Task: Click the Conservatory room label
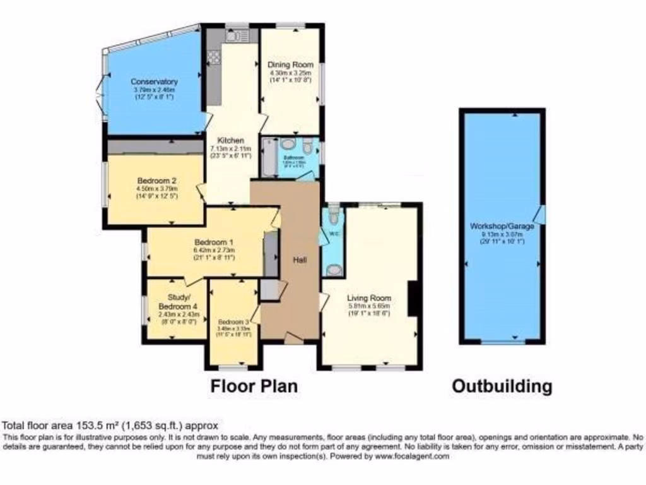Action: coord(154,81)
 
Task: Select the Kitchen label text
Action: coord(226,140)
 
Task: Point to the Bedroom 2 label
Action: coord(156,180)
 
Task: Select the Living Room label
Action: coord(369,298)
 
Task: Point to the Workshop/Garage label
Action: coord(502,226)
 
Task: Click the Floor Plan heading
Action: coord(254,385)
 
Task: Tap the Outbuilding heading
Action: coord(502,386)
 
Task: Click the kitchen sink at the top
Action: coord(235,36)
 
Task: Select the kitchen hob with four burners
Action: coord(213,57)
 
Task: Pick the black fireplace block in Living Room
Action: coord(414,299)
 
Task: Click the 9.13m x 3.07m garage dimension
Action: coord(502,234)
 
